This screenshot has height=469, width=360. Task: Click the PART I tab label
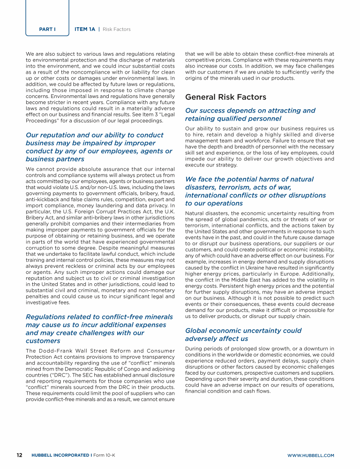[47, 29]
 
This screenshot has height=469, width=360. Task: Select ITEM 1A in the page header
[85, 29]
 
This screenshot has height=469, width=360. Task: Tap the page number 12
[20, 455]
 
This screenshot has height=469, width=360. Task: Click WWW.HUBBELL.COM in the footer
[310, 455]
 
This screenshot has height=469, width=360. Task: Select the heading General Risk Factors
[226, 97]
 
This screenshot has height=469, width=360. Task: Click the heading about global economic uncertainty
[243, 334]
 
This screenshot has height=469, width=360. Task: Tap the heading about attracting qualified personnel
[250, 114]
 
